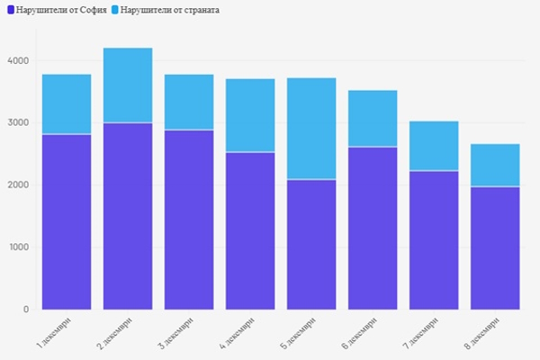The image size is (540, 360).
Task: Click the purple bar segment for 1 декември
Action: [x=67, y=221]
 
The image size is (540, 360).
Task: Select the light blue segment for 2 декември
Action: [x=128, y=85]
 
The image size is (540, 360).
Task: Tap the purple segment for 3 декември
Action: [x=189, y=220]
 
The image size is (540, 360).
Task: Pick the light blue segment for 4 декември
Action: [x=250, y=115]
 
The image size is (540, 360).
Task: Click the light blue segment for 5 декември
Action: [x=311, y=129]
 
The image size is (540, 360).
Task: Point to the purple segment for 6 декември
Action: [x=373, y=228]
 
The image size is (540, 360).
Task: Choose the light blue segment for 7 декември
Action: [x=434, y=146]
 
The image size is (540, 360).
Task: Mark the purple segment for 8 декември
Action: [x=495, y=247]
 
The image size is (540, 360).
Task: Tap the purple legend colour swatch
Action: [x=9, y=9]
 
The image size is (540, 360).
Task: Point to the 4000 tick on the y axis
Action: [x=19, y=61]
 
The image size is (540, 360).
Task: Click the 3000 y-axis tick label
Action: [x=19, y=123]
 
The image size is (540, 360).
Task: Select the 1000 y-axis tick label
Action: [x=19, y=247]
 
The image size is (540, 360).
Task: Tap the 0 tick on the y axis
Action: [x=26, y=310]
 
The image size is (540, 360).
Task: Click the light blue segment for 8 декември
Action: [x=495, y=165]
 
